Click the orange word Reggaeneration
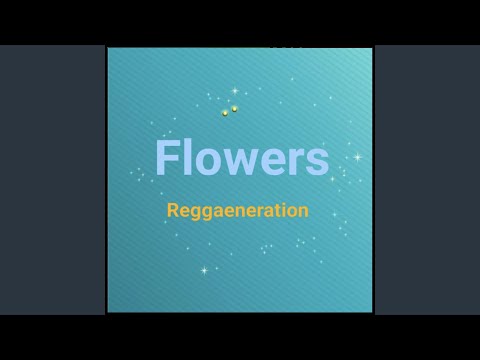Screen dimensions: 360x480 coord(237,211)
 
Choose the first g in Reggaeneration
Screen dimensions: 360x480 coord(195,213)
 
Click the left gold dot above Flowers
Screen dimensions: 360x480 coord(225,112)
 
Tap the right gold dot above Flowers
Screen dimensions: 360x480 coord(235,108)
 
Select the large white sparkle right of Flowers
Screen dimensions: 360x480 coord(356,157)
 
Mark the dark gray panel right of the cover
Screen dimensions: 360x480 coord(427,180)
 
